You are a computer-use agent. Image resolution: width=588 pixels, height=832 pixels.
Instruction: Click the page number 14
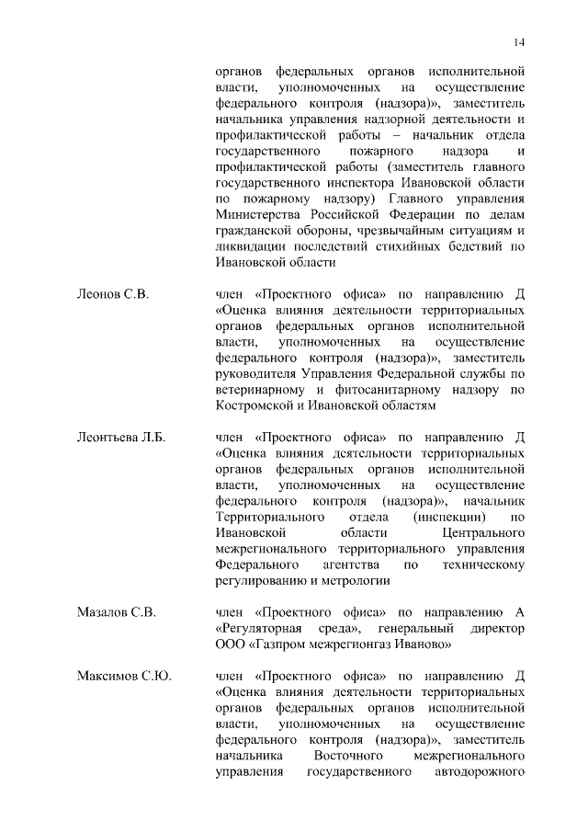click(520, 42)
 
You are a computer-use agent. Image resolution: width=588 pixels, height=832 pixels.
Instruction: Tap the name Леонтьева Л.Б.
click(120, 437)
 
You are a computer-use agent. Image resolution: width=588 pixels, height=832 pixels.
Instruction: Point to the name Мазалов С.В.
click(116, 611)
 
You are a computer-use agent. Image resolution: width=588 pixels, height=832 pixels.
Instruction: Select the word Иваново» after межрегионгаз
click(422, 645)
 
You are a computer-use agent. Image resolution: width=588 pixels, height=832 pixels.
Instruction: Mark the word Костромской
click(256, 405)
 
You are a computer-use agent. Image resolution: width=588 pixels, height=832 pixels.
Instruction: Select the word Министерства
click(260, 215)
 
